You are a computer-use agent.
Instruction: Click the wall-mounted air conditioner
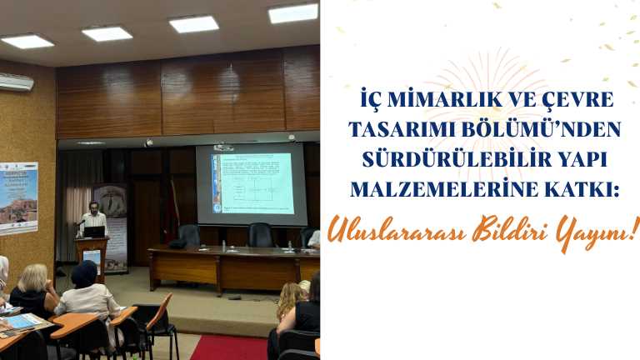17,82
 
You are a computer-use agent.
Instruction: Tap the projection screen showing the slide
251,183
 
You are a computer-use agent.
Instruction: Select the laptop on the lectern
94,232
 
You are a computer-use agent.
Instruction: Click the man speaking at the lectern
94,218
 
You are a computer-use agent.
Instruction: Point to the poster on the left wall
17,197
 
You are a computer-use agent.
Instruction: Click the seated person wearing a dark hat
86,292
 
